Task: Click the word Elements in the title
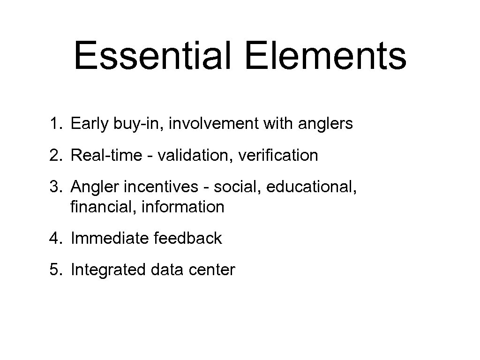(325, 56)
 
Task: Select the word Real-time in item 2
(104, 155)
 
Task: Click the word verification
(278, 155)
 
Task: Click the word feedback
(187, 238)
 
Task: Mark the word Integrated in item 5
(108, 270)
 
